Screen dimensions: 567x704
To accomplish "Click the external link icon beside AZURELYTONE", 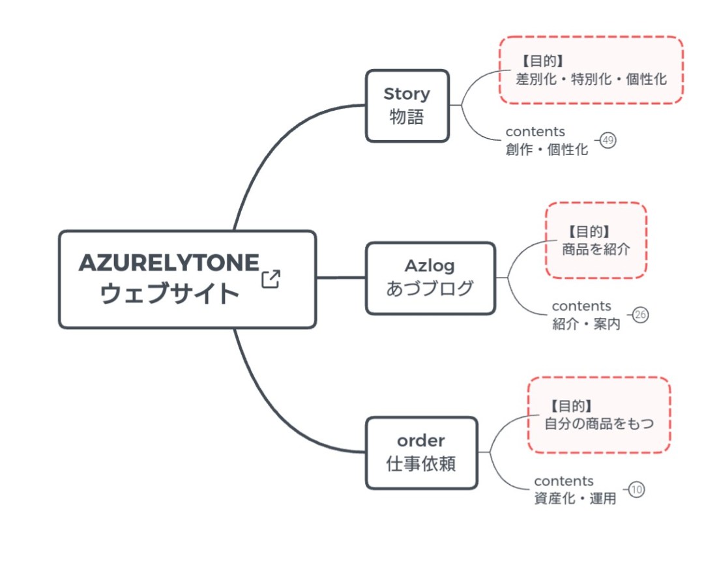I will coord(271,279).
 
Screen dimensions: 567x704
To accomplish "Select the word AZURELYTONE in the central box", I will coord(169,263).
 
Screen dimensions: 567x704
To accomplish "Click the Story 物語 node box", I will coord(407,106).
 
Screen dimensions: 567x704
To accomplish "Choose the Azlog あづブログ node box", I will coord(430,278).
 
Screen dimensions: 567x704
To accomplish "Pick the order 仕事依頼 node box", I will coord(421,452).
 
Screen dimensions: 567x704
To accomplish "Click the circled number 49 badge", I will coord(608,141).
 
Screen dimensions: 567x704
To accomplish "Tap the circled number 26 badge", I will coord(640,315).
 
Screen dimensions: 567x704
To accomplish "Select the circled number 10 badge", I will coord(636,490).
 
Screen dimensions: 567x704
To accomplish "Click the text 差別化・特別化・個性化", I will coord(591,80).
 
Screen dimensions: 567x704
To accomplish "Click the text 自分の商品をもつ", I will coord(598,423).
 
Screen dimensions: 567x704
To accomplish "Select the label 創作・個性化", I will coord(546,149).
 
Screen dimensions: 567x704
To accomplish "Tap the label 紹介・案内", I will coord(586,324).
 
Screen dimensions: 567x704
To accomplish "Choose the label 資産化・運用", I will coord(574,499).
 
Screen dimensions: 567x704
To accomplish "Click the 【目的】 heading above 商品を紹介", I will coord(589,231).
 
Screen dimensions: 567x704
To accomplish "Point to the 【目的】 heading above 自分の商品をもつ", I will coord(571,405).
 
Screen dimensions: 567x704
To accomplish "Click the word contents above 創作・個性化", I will coord(535,132).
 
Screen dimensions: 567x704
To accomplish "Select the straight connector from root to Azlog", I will coord(340,278).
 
